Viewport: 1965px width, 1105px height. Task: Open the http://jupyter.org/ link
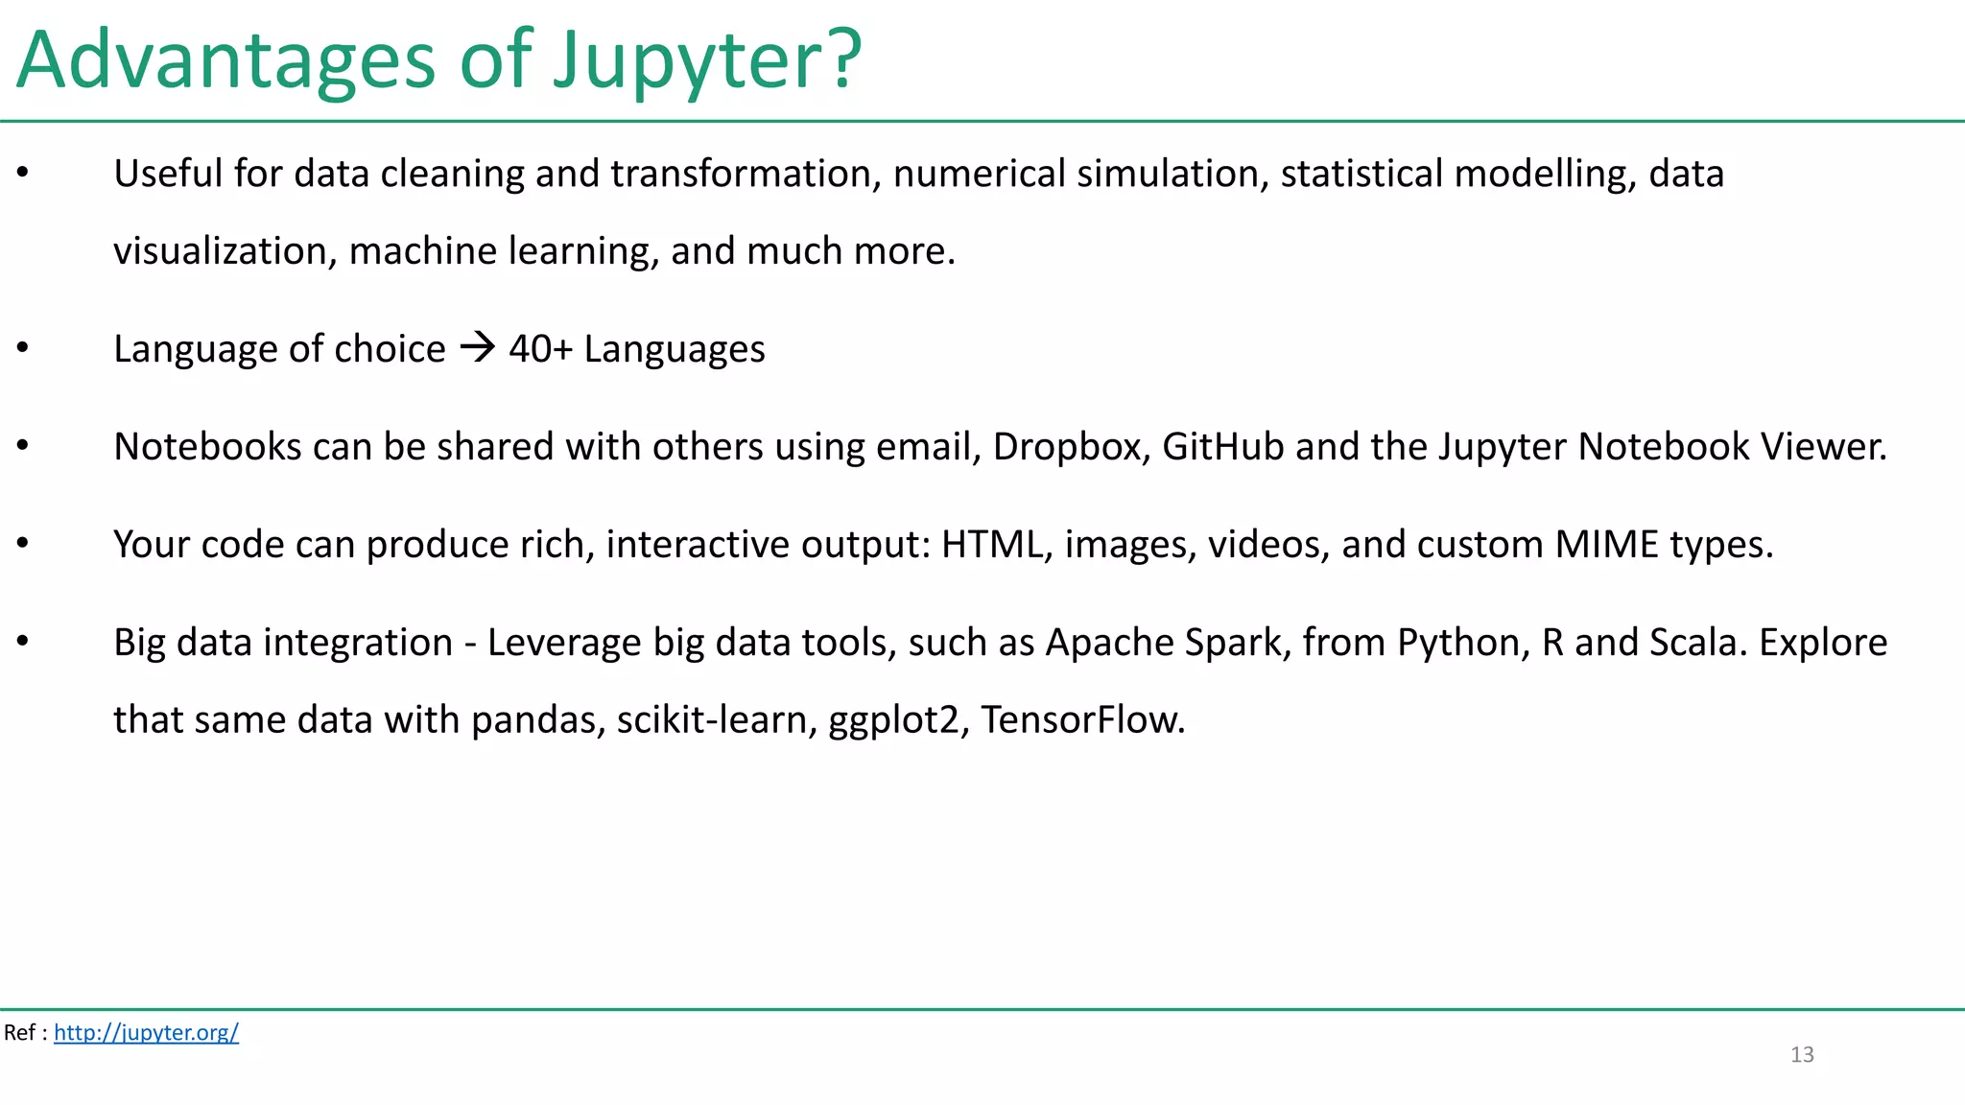(146, 1032)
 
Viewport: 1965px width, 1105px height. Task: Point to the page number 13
(1802, 1054)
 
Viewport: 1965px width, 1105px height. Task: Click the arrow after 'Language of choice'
(478, 346)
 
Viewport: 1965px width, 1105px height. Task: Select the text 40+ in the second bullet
(540, 349)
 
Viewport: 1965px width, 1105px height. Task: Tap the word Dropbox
(1071, 447)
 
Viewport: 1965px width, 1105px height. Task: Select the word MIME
(1606, 545)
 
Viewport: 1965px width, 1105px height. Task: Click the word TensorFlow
(1082, 719)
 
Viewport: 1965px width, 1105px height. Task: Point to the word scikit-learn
(717, 719)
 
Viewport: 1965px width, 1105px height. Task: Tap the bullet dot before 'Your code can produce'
(23, 543)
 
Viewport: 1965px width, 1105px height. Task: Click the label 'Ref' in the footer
(19, 1032)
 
